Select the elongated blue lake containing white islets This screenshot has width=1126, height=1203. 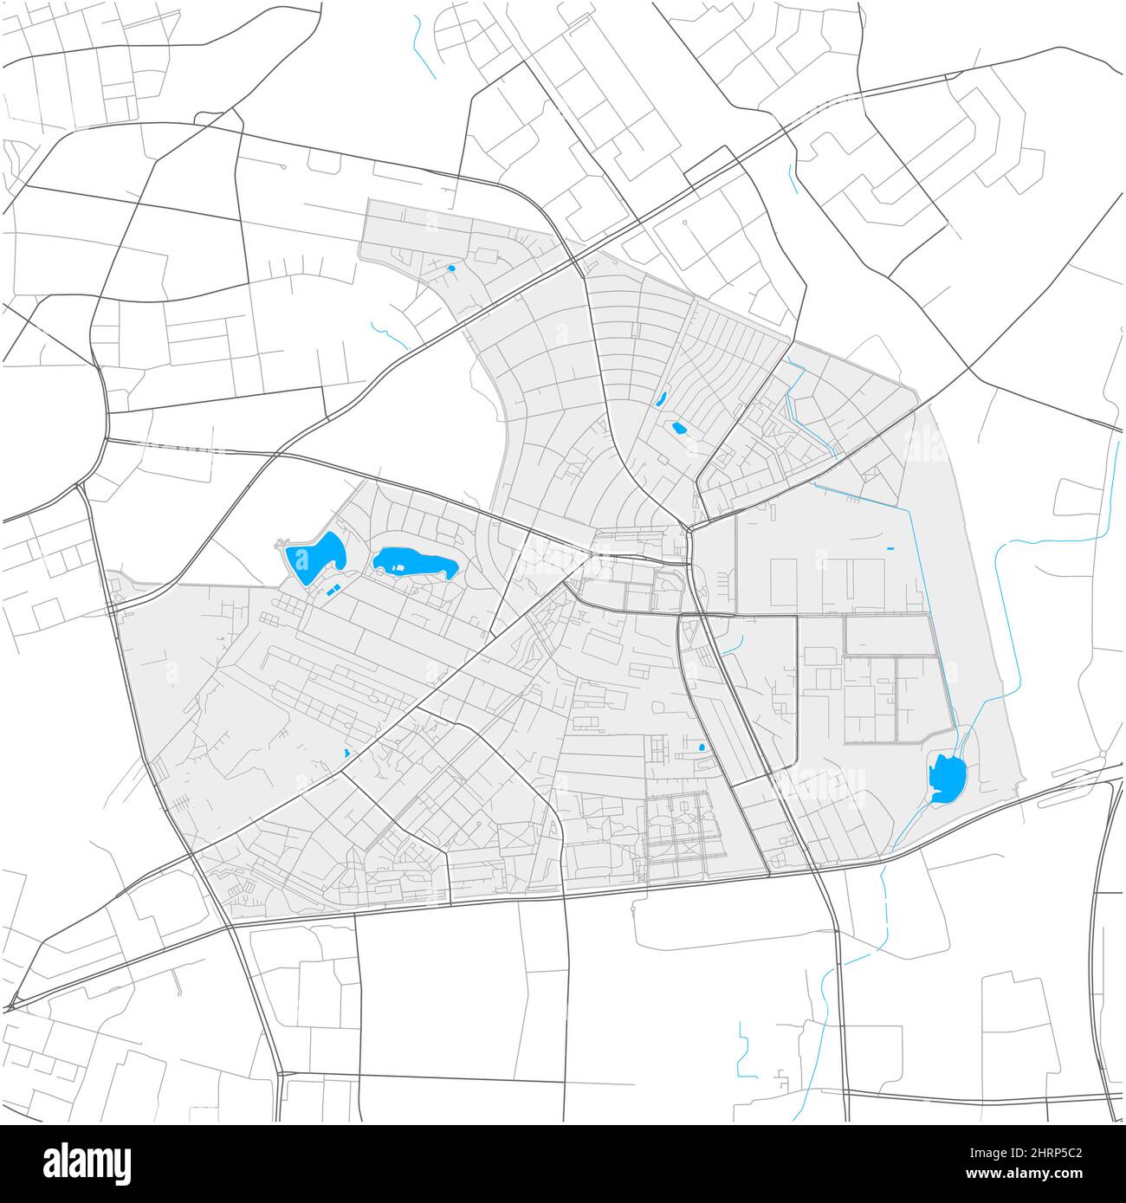415,563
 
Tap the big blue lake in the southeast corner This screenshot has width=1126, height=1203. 946,777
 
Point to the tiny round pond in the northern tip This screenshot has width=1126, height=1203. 451,268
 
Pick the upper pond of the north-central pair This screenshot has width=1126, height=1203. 661,399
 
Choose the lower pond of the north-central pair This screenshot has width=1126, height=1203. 678,427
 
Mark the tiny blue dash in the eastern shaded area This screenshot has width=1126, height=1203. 890,548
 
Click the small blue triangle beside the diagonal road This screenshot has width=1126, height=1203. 347,753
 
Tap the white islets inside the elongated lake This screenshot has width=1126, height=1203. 395,568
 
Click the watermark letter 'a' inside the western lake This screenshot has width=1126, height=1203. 302,555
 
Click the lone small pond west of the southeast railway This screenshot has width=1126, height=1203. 701,747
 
